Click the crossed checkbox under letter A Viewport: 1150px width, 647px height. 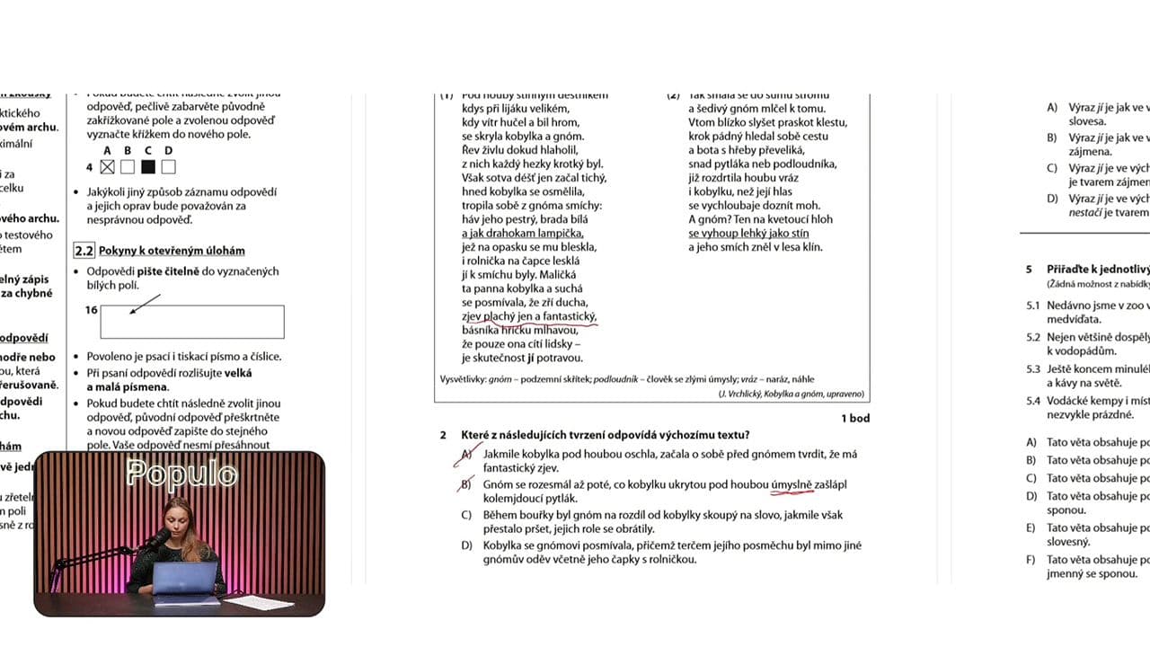click(x=108, y=166)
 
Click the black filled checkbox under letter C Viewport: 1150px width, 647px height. click(x=148, y=166)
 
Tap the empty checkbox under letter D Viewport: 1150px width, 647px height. click(x=169, y=166)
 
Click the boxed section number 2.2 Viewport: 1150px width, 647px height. click(x=84, y=251)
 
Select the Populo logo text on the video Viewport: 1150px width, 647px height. click(x=181, y=474)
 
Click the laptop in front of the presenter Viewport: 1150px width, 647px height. click(x=185, y=580)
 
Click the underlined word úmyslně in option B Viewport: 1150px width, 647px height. click(x=792, y=484)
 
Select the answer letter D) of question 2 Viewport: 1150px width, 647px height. click(x=467, y=545)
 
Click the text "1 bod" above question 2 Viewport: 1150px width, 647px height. click(x=854, y=418)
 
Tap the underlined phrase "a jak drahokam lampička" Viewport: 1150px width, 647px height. click(x=522, y=234)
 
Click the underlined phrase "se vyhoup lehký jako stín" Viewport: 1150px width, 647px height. click(x=748, y=234)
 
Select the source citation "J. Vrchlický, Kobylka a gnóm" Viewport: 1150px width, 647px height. click(x=791, y=394)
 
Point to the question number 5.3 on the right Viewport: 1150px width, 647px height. click(x=1033, y=368)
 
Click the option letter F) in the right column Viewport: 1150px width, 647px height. click(x=1032, y=560)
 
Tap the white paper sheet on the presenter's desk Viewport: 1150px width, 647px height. click(x=257, y=602)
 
